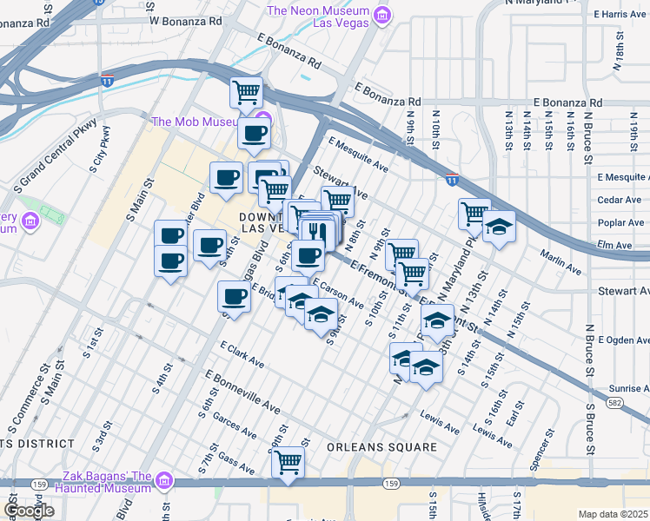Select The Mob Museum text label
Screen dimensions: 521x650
click(x=195, y=122)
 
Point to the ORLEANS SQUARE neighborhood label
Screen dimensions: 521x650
click(x=381, y=447)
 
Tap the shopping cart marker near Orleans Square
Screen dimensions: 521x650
click(x=288, y=462)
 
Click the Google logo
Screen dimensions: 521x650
click(x=29, y=510)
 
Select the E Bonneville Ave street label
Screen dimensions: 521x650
click(x=242, y=392)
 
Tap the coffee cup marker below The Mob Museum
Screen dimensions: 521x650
click(x=254, y=133)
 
